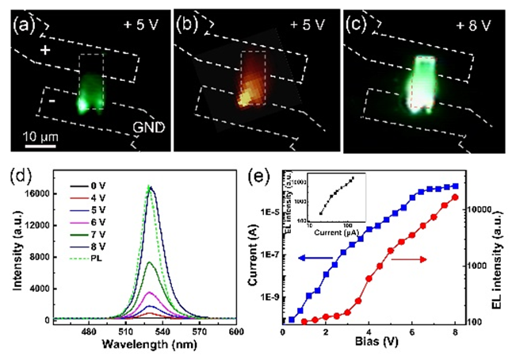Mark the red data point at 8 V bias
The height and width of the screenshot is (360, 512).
[455, 197]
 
